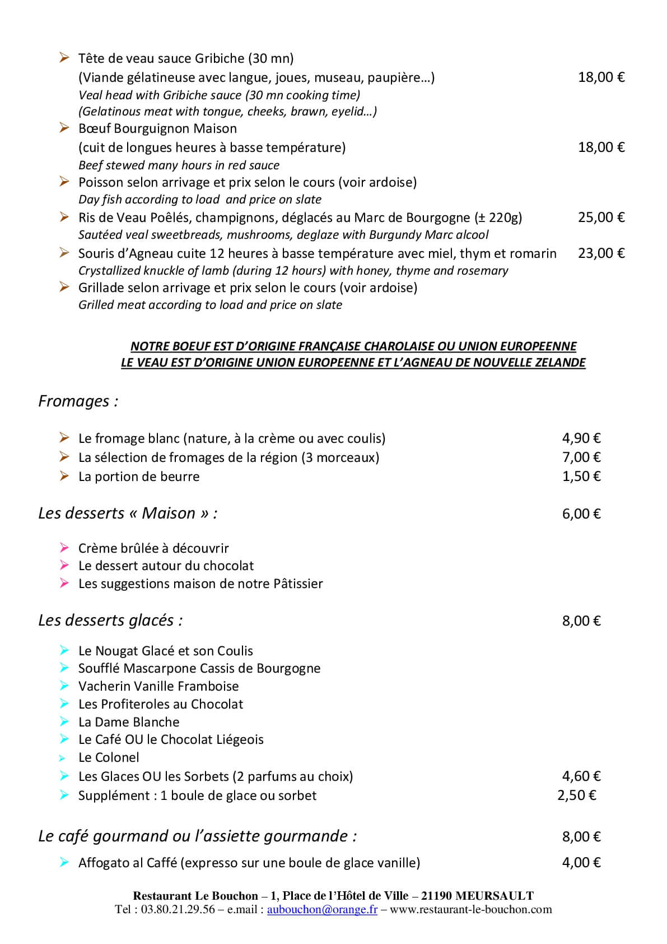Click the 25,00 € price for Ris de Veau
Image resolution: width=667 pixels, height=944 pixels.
pos(601,218)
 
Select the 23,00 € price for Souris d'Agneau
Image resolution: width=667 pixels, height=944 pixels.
pos(601,253)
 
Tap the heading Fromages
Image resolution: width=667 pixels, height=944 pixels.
pos(78,401)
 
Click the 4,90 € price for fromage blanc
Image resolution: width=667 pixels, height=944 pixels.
pos(581,438)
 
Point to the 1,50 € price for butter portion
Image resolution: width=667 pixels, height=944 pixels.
pos(581,476)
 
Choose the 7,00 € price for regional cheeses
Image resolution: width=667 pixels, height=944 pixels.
pos(581,457)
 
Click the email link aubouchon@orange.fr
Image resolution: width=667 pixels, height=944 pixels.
pos(322,910)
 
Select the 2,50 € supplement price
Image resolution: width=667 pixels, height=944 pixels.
pos(576,795)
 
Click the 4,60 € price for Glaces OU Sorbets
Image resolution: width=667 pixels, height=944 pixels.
pos(581,776)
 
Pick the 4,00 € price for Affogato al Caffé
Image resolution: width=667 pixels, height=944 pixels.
pos(581,863)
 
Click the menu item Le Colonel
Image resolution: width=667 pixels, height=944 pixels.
pos(109,758)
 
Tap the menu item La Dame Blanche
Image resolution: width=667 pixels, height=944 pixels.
pos(129,722)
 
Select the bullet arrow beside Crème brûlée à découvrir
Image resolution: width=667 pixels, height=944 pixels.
pos(64,548)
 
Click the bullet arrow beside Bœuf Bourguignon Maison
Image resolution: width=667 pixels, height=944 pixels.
pos(64,128)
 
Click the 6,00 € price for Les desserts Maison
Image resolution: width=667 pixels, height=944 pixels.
pos(581,514)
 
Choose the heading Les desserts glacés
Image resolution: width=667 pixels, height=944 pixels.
pos(110,621)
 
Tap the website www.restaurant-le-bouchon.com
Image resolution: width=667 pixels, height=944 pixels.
pos(470,910)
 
